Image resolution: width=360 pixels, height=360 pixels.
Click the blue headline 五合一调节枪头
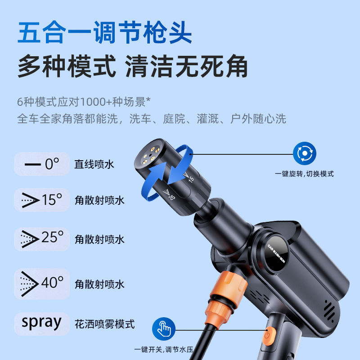(x=105, y=32)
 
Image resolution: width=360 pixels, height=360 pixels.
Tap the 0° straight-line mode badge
(x=41, y=164)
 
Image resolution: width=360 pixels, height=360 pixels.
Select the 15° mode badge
(x=41, y=200)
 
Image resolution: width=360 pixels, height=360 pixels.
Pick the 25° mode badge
(x=41, y=239)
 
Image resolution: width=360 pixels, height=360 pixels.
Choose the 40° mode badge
(x=41, y=284)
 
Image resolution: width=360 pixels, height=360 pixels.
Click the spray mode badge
(x=41, y=324)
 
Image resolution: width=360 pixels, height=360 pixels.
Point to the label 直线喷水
(x=94, y=164)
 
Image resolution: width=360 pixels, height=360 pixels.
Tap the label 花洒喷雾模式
(x=105, y=324)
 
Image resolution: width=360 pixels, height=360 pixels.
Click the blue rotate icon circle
(x=305, y=153)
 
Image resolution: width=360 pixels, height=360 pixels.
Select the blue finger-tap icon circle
(x=164, y=329)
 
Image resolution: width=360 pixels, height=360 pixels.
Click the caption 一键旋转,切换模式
(x=304, y=174)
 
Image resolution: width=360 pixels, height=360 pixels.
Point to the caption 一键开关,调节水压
(x=164, y=350)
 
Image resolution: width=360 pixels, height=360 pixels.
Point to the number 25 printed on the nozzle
(x=172, y=197)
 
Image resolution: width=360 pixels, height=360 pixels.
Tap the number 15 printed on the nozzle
(x=191, y=179)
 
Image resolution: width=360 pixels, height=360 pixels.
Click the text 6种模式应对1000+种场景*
(x=84, y=102)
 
